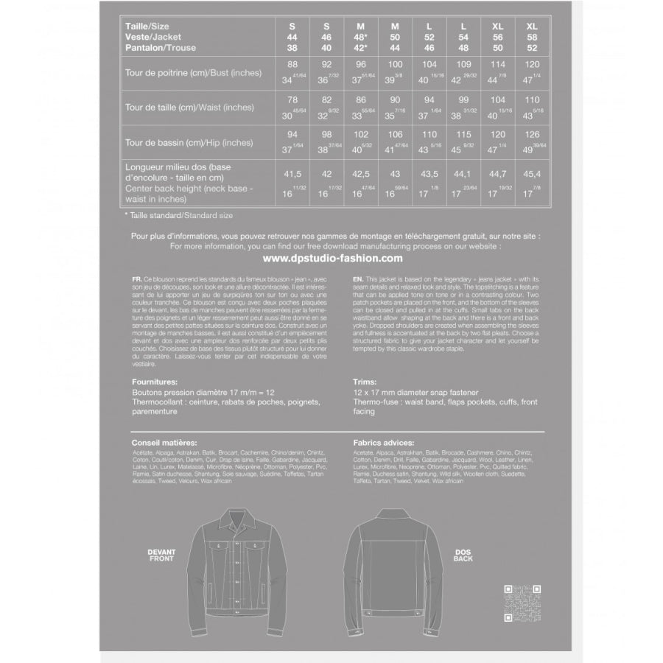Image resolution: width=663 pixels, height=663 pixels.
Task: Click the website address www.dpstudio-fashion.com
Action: coord(332,259)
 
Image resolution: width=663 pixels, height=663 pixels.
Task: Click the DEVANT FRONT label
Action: coord(161,554)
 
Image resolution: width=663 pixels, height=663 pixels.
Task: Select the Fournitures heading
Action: coord(155,383)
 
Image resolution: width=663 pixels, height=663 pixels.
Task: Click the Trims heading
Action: coord(365,383)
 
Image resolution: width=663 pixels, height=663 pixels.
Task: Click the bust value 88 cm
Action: coord(292,64)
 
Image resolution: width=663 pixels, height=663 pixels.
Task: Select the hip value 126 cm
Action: coord(533,135)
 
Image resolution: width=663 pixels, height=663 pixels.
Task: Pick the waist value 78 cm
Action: coord(292,99)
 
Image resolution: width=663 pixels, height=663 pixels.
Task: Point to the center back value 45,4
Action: coord(533,175)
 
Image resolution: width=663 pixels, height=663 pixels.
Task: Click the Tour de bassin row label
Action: coord(189,142)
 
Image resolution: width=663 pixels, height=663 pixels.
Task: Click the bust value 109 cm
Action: coord(463,64)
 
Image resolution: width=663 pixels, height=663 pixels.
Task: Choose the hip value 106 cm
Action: coord(395,135)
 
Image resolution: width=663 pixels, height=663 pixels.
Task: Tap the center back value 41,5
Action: coord(292,175)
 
